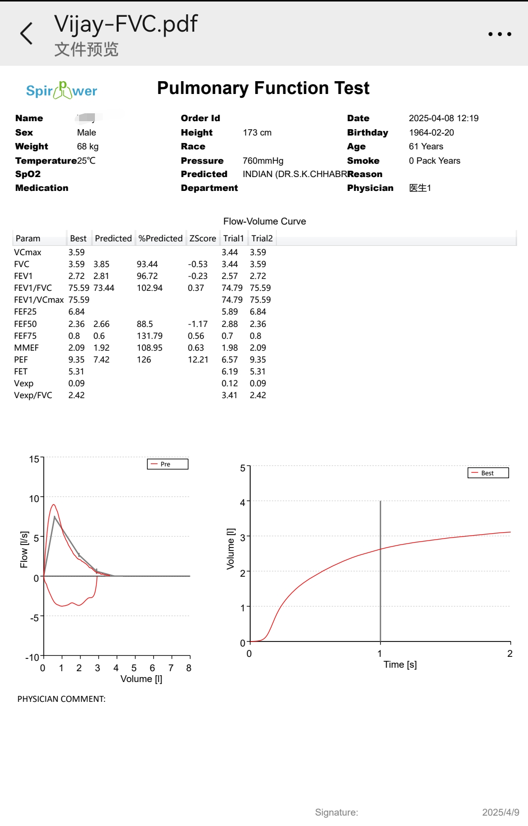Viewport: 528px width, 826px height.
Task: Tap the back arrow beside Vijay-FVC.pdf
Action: click(26, 33)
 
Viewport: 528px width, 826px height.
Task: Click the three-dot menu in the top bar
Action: click(500, 34)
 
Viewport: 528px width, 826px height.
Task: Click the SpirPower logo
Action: click(61, 91)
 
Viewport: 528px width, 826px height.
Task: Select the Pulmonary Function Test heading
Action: click(263, 88)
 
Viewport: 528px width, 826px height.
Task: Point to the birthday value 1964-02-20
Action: click(431, 133)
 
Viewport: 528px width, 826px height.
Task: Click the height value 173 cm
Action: click(257, 133)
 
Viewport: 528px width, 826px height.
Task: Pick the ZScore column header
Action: click(202, 238)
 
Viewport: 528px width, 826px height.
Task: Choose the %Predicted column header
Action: click(160, 238)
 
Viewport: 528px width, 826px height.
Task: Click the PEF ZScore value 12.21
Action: click(198, 360)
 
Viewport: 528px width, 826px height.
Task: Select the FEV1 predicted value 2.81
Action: click(101, 276)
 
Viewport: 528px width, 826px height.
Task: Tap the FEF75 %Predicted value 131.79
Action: click(150, 336)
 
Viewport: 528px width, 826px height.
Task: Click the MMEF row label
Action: click(26, 348)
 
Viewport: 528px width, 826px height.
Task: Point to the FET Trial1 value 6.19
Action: click(229, 371)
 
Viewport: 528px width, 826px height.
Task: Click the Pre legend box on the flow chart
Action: click(168, 464)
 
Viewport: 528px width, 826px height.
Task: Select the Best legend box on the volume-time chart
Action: click(488, 473)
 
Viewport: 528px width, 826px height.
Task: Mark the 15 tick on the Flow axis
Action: click(34, 459)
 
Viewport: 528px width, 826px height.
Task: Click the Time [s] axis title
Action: click(400, 664)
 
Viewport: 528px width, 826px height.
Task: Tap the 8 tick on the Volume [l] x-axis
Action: click(189, 668)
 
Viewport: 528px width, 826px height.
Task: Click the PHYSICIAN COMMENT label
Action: click(61, 699)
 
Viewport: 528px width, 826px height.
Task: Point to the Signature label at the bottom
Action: click(336, 812)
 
